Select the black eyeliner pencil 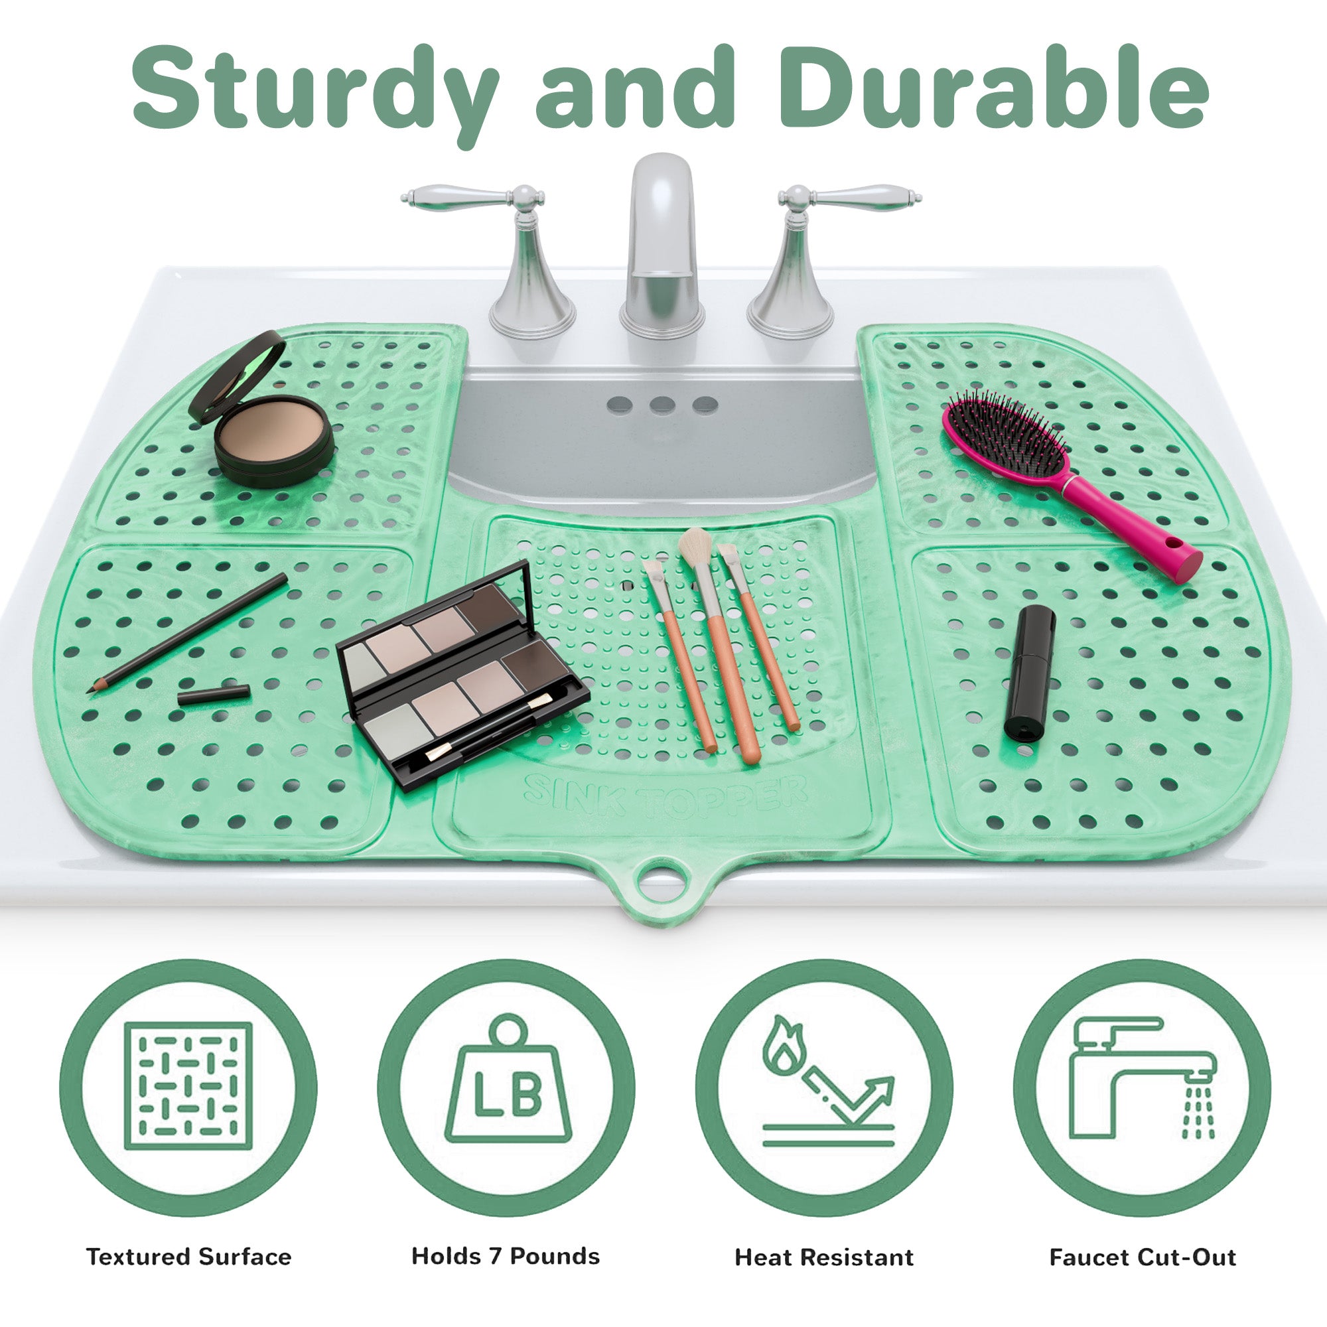point(188,632)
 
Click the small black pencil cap point(214,696)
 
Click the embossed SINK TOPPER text point(665,798)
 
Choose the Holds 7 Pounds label point(506,1255)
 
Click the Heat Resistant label point(824,1257)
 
